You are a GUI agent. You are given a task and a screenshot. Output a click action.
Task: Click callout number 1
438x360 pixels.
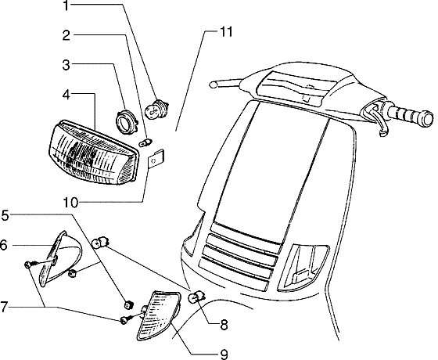pos(66,7)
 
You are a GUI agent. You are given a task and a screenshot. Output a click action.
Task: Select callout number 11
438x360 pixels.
pos(227,32)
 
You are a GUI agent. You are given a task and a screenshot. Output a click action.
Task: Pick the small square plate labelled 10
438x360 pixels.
pos(157,160)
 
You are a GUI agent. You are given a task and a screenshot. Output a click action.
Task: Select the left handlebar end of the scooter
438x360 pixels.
pos(215,83)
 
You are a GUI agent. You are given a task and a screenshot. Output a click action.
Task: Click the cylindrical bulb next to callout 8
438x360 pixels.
pos(199,296)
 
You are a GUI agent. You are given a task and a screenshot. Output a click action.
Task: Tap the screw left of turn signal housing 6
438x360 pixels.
pos(29,265)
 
